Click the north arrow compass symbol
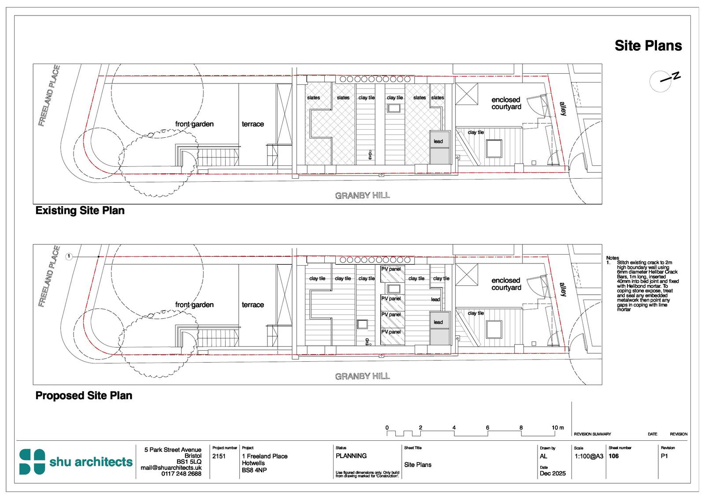(660, 81)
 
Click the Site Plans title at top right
(648, 46)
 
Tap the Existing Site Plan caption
(80, 210)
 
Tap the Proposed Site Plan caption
(84, 395)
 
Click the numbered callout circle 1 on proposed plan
(69, 256)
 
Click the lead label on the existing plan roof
(438, 141)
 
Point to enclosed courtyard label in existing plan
(506, 103)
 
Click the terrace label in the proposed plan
(252, 305)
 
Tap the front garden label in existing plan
(194, 124)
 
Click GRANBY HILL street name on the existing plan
(362, 195)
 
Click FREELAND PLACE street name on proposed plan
(49, 276)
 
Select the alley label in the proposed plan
(563, 289)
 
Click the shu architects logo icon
(32, 462)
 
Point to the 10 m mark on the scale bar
(557, 428)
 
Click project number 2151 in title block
(219, 456)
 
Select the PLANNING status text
(351, 456)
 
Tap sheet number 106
(613, 456)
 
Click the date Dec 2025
(553, 473)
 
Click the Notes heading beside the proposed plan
(612, 258)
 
